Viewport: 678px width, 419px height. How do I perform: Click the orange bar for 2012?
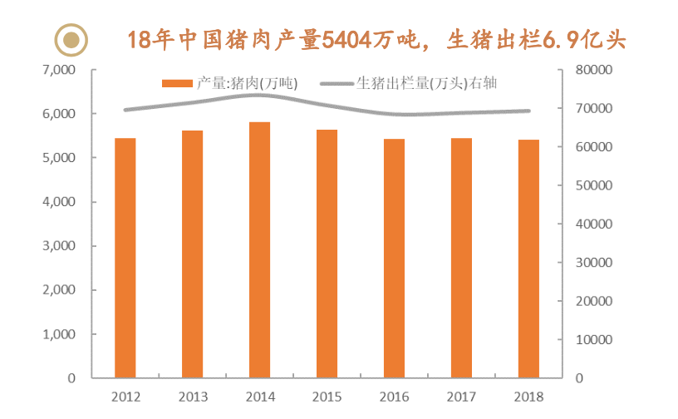[x=125, y=258]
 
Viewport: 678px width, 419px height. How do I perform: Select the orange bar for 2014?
[x=259, y=249]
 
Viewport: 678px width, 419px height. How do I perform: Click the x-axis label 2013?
[x=192, y=397]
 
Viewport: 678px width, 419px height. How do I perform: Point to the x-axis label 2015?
[x=327, y=397]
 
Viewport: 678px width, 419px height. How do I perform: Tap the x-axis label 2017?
[x=461, y=397]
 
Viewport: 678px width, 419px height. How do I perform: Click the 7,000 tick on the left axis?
[x=59, y=70]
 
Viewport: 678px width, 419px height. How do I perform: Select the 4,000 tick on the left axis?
[x=59, y=202]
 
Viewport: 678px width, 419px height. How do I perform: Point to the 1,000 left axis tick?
[x=59, y=334]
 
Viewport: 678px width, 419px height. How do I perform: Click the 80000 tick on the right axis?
[x=595, y=70]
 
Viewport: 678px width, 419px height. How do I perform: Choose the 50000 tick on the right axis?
[x=595, y=185]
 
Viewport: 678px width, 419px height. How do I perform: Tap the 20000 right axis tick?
[x=595, y=301]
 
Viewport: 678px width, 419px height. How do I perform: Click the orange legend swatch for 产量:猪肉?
[x=177, y=83]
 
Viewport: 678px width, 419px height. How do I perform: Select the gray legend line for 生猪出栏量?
[x=337, y=83]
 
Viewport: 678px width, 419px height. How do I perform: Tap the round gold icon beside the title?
[x=72, y=38]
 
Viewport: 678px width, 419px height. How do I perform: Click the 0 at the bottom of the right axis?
[x=581, y=378]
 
